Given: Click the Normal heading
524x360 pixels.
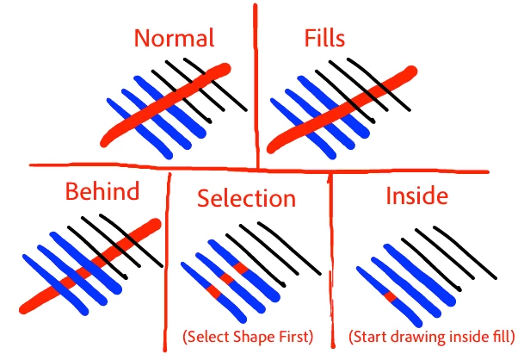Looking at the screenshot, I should (173, 38).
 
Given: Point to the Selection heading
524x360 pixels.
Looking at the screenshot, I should (246, 198).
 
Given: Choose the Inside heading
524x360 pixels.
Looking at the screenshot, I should (416, 196).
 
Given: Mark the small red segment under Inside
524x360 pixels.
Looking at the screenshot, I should (389, 297).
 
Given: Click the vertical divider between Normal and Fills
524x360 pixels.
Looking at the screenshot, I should (256, 86).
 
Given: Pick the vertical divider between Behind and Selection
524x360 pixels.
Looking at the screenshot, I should (168, 258).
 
